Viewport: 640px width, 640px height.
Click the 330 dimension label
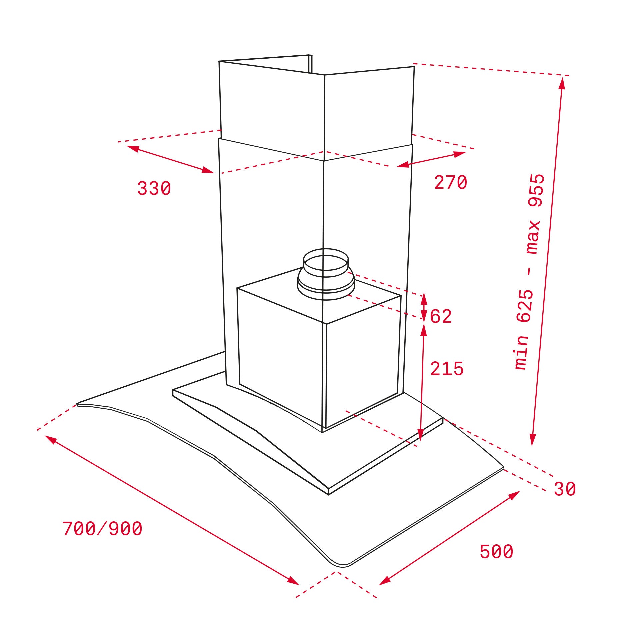point(154,188)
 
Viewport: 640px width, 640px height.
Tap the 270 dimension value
point(450,183)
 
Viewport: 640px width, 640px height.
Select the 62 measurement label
point(441,316)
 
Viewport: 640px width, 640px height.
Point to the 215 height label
point(447,369)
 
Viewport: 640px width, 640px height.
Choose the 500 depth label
point(496,551)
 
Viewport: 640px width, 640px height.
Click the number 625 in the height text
point(525,306)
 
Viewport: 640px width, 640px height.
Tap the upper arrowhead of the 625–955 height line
point(562,82)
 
